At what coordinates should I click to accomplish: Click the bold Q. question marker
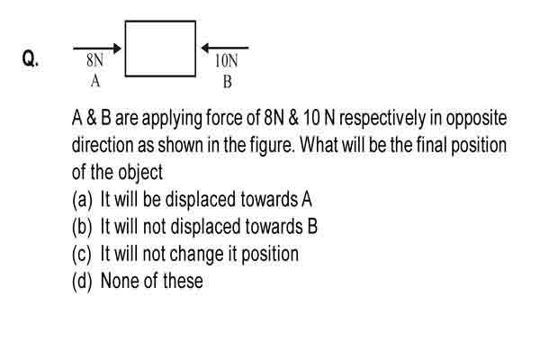[x=31, y=58]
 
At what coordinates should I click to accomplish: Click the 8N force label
[x=94, y=60]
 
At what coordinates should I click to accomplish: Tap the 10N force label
[x=227, y=61]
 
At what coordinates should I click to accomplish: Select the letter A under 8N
[x=95, y=81]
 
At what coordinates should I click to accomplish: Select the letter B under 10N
[x=228, y=82]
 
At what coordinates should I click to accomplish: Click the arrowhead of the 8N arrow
[x=117, y=49]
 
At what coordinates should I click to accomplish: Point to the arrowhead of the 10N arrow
[x=205, y=48]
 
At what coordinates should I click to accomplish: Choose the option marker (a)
[x=82, y=200]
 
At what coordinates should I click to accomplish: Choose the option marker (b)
[x=82, y=227]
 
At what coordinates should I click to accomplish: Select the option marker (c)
[x=82, y=254]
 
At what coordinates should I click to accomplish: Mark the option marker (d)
[x=82, y=281]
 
